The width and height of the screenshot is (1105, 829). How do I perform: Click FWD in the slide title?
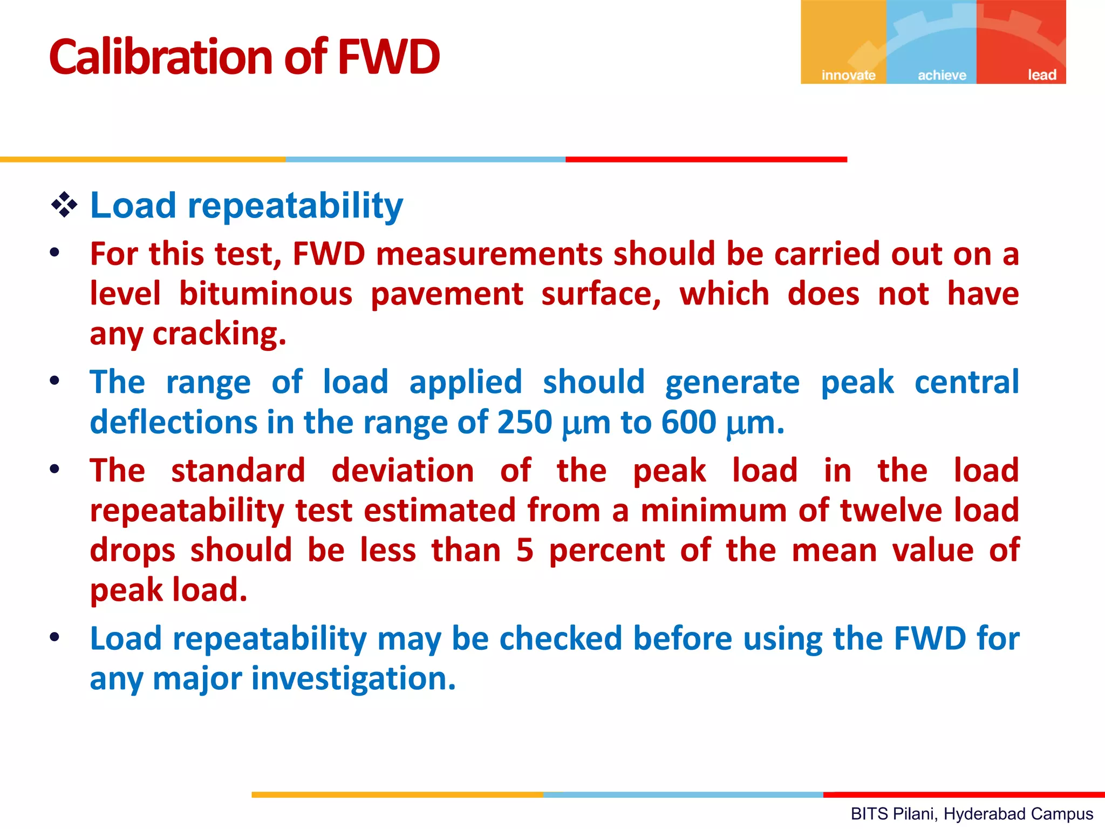click(x=388, y=57)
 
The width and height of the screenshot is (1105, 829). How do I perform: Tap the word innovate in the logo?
click(x=848, y=75)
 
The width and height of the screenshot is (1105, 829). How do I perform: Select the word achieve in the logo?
click(x=942, y=75)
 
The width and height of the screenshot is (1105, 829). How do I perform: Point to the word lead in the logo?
click(x=1041, y=75)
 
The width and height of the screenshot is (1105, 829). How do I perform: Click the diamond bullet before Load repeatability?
click(x=64, y=206)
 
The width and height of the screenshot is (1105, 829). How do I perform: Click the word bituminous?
click(x=265, y=294)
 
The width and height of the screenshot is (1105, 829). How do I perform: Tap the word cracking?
click(x=219, y=334)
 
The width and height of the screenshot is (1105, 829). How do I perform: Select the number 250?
click(x=524, y=422)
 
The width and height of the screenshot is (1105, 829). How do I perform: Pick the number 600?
click(x=688, y=422)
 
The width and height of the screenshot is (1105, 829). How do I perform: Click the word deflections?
click(x=174, y=422)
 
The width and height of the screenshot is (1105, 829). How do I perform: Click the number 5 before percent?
click(x=524, y=550)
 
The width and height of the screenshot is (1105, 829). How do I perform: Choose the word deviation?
click(x=403, y=470)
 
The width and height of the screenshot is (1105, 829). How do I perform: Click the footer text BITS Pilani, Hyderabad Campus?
click(x=972, y=814)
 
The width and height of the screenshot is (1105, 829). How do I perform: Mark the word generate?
click(x=732, y=382)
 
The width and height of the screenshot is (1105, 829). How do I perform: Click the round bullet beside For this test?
click(x=54, y=253)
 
